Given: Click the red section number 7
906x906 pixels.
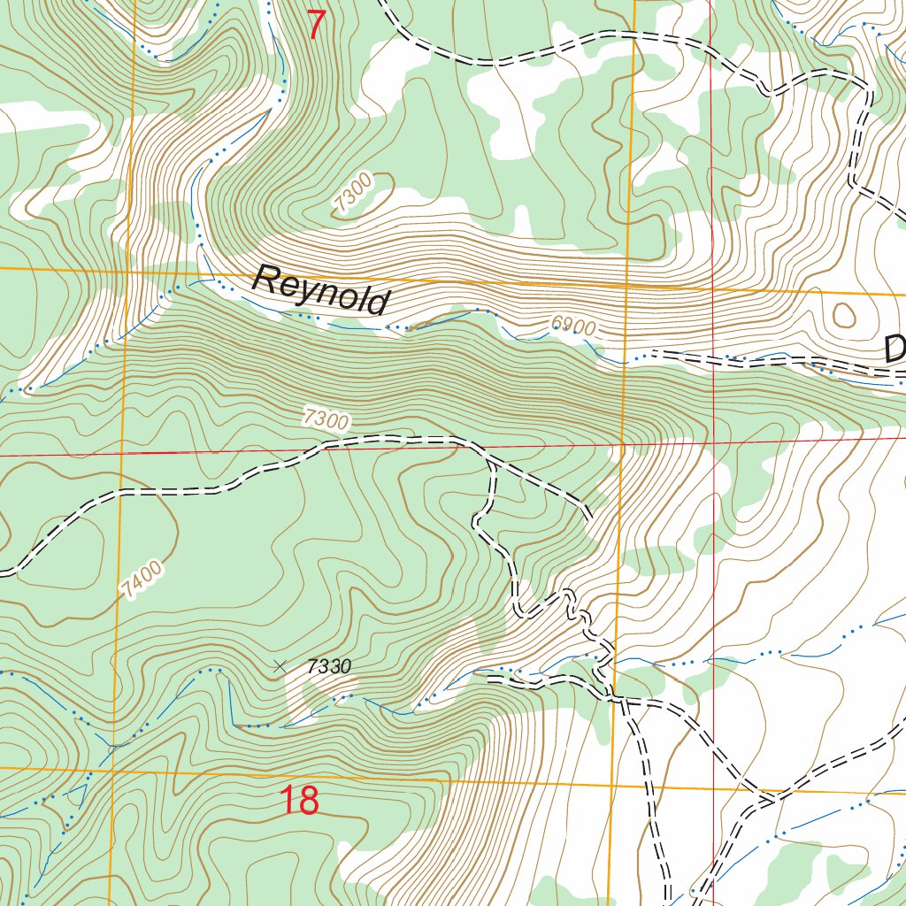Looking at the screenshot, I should (x=316, y=24).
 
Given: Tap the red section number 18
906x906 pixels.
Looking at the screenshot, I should (x=299, y=801).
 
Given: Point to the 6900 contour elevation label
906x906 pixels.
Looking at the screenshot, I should (x=572, y=327).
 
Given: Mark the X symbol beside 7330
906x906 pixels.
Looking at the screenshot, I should (x=280, y=665).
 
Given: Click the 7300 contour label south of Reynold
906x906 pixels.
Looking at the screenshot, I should (x=325, y=418).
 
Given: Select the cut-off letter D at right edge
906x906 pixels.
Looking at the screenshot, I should (x=894, y=349).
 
